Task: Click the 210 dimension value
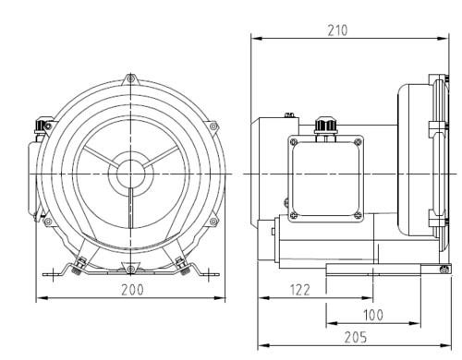click(x=338, y=30)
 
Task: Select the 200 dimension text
click(x=131, y=290)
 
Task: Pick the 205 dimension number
click(x=351, y=339)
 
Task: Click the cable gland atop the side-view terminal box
click(x=322, y=124)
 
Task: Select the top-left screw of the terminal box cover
click(x=294, y=141)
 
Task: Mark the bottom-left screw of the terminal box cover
click(x=294, y=215)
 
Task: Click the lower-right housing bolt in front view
click(x=214, y=222)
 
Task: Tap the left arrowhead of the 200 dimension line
click(x=39, y=298)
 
